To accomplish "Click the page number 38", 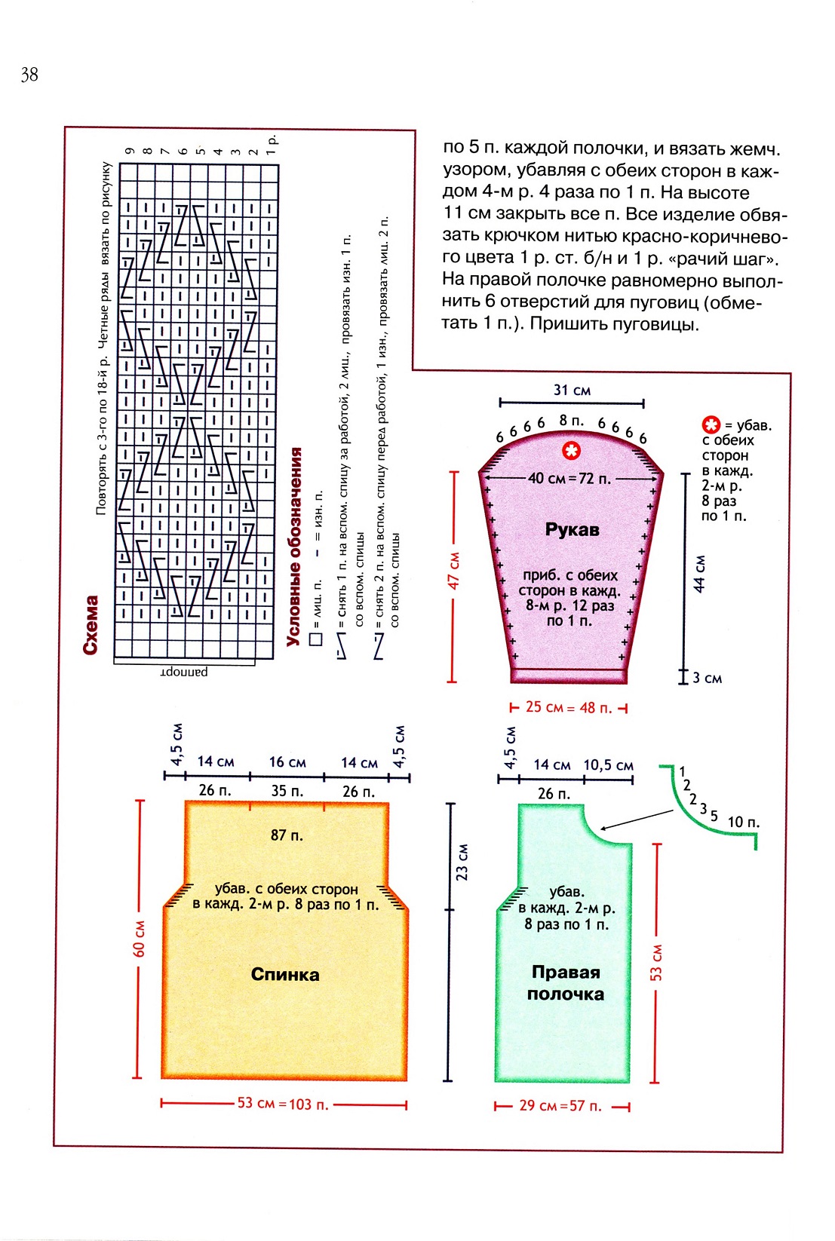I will tap(29, 74).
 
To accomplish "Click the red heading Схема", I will tap(91, 624).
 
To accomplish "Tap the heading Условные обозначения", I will tap(294, 547).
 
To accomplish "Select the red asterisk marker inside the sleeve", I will tap(572, 451).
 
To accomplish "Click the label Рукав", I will tap(572, 529).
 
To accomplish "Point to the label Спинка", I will tap(285, 974).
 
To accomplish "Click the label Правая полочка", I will tap(565, 982).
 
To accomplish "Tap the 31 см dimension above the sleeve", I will tap(572, 390).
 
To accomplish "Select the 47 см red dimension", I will tap(453, 571).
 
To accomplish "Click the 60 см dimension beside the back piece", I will tap(140, 939).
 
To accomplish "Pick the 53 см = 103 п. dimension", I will tap(283, 1104).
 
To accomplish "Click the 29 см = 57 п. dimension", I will tap(560, 1106).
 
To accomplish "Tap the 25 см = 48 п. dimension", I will tap(569, 708).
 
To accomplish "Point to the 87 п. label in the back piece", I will tap(287, 835).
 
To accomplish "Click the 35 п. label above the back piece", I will tap(287, 791).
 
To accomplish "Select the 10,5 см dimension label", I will tap(608, 765).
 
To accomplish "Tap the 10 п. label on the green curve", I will tap(743, 822).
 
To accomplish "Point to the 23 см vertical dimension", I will tap(462, 862).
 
